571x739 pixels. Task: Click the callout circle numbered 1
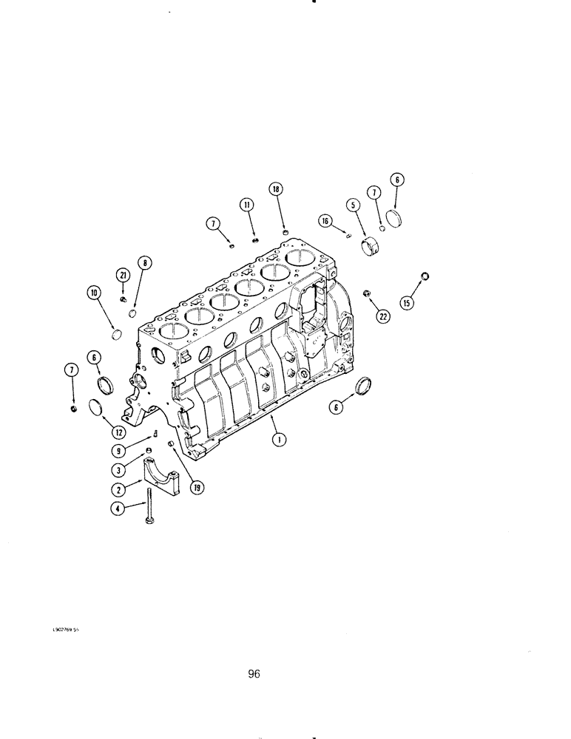[x=278, y=440]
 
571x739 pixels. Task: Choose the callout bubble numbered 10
[x=94, y=294]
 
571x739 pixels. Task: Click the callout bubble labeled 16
[x=325, y=219]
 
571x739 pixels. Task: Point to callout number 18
[x=276, y=190]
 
